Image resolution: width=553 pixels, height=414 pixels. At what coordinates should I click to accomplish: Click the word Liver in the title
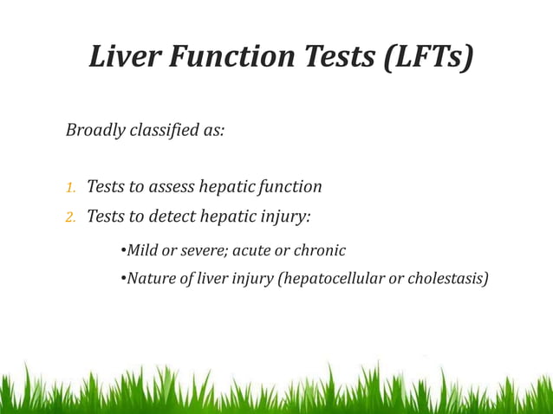tap(124, 56)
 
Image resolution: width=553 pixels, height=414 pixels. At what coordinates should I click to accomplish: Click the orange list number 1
tap(70, 187)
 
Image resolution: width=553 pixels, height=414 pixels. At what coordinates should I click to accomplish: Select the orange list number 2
tap(70, 217)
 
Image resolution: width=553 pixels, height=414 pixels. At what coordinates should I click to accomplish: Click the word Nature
tap(150, 278)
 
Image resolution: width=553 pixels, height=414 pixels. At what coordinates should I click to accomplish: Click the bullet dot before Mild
tap(122, 251)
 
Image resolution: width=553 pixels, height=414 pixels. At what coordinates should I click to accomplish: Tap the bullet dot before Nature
tap(122, 279)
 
